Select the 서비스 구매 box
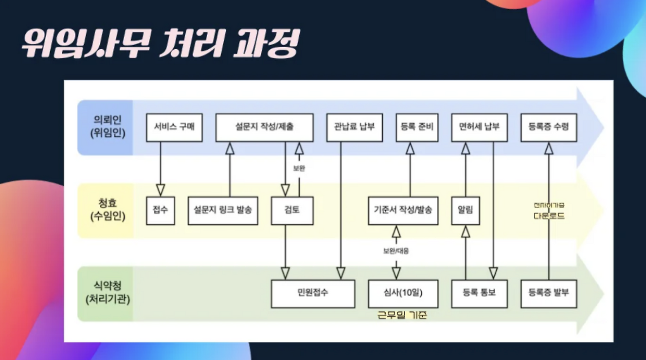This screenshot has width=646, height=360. click(174, 127)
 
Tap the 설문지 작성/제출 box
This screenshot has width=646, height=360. click(264, 127)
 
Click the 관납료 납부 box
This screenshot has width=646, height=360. click(355, 127)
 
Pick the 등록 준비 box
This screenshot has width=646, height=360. click(417, 127)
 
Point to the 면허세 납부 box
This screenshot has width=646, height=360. click(479, 127)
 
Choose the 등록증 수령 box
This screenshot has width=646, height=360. click(549, 127)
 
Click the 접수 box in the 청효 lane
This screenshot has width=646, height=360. click(161, 211)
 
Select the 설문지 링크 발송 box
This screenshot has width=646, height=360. click(223, 211)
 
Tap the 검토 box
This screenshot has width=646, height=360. click(292, 211)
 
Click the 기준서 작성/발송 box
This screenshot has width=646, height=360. click(403, 211)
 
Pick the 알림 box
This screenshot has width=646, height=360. click(466, 211)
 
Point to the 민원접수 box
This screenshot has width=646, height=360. click(313, 293)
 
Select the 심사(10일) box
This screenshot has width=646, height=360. click(403, 293)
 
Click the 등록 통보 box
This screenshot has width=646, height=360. click(479, 293)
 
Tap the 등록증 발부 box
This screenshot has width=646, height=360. click(549, 293)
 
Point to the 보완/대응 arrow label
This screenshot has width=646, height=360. click(396, 251)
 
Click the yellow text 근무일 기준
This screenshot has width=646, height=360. click(402, 315)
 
